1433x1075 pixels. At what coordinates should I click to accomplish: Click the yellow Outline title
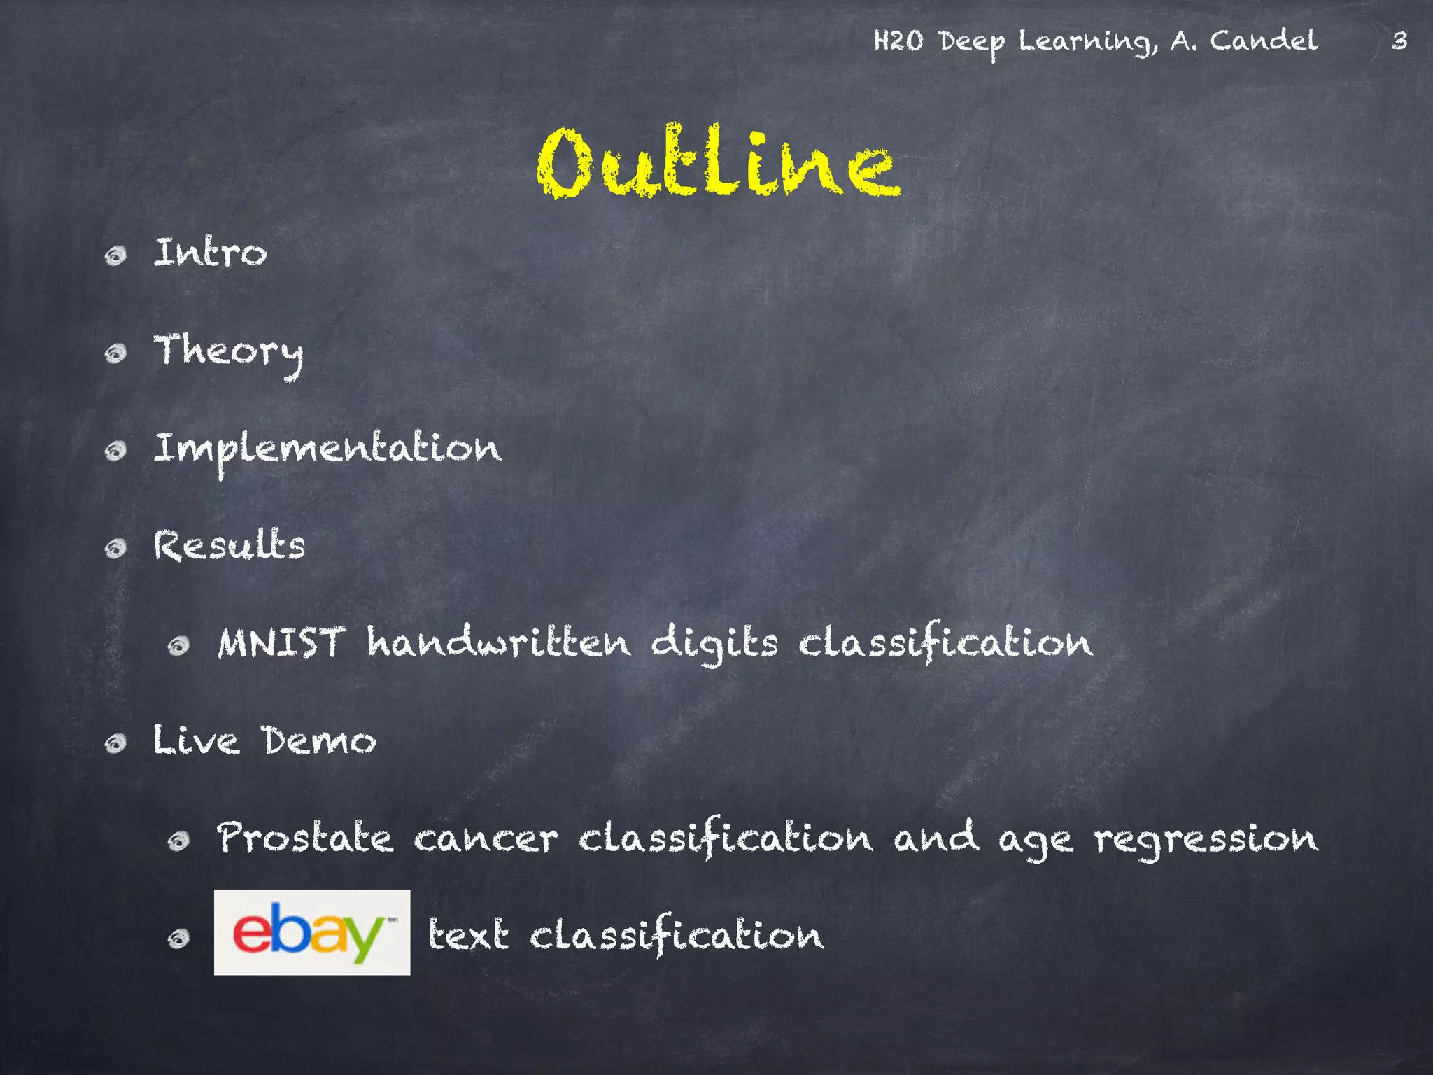point(718,162)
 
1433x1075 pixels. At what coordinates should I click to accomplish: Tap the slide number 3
point(1399,41)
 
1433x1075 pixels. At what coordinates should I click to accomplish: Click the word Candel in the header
point(1264,41)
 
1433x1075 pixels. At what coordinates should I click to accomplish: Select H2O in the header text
point(898,41)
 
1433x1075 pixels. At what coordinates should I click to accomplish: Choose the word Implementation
point(327,449)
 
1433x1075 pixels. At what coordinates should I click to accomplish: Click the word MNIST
point(281,642)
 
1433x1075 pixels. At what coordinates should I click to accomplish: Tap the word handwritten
point(498,642)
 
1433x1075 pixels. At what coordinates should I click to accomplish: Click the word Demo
point(319,740)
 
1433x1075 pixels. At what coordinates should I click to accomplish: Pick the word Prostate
point(305,838)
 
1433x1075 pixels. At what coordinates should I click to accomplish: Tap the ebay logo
point(311,932)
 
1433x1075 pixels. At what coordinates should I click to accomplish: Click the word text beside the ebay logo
point(467,935)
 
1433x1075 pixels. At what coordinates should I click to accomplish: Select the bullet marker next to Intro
point(115,255)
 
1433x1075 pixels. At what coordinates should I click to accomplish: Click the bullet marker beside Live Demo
point(115,743)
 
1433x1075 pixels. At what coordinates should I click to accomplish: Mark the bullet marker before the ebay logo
point(179,938)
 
